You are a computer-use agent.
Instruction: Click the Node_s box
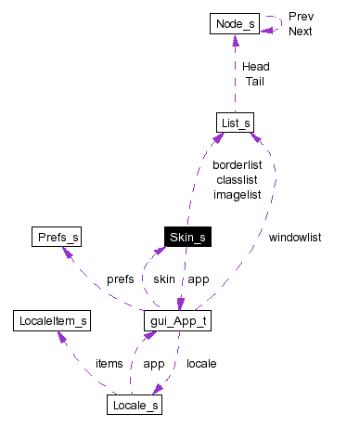click(234, 22)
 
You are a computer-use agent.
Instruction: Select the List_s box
click(234, 123)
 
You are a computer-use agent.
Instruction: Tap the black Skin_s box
click(186, 238)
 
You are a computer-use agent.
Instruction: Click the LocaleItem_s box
click(52, 321)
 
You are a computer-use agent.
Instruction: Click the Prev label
click(301, 17)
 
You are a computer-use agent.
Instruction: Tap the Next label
click(301, 32)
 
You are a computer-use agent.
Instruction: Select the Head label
click(255, 67)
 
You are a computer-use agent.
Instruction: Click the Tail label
click(255, 82)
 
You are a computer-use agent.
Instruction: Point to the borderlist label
click(238, 164)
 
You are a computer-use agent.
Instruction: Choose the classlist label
click(237, 179)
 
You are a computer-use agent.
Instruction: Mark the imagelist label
click(237, 194)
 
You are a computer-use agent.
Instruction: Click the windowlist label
click(294, 238)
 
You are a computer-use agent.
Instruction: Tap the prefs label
click(120, 278)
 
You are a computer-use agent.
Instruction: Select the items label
click(109, 363)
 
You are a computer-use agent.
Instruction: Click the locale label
click(201, 363)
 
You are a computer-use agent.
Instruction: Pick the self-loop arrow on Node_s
click(275, 23)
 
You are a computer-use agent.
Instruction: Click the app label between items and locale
click(154, 363)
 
